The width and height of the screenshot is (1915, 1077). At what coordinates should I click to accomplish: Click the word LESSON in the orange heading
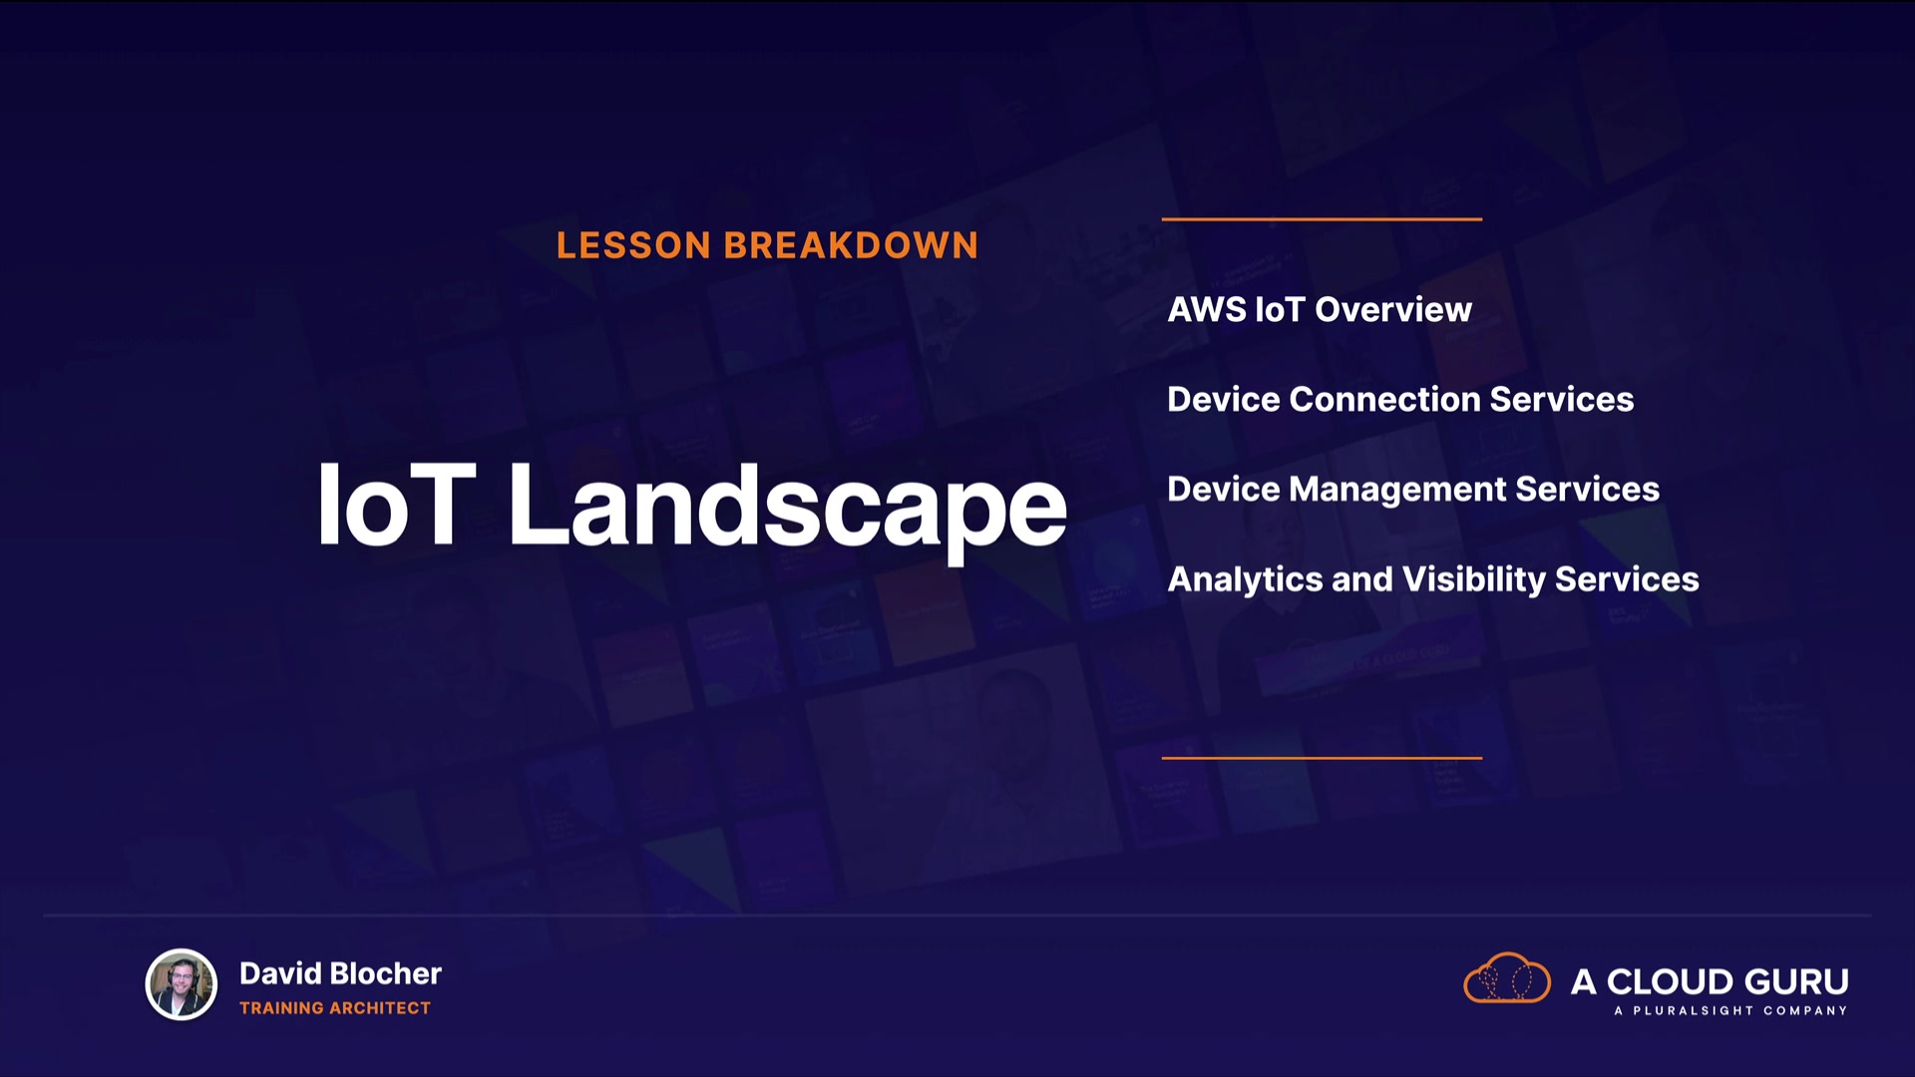pos(633,245)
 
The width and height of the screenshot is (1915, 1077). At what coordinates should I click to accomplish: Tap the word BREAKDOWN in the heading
pos(852,245)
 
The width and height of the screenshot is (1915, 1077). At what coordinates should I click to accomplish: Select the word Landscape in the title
pos(788,511)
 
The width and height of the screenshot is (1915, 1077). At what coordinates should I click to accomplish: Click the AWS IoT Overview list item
pos(1320,309)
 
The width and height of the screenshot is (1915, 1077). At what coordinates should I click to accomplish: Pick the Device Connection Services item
pos(1400,399)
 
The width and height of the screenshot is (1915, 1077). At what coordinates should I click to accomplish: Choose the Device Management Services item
pos(1413,489)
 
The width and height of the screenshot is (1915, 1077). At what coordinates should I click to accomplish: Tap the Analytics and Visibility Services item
pos(1433,579)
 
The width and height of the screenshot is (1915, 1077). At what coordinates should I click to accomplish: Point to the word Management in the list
pos(1398,490)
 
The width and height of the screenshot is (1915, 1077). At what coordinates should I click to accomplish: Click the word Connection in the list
pos(1385,399)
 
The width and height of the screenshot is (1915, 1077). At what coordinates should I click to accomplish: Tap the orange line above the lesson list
pos(1322,218)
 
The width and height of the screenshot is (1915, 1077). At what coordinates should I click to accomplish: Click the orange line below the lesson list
pos(1322,758)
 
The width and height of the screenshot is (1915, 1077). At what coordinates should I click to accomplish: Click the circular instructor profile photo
pos(182,984)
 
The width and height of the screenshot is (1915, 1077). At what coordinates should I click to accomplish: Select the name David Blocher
pos(340,973)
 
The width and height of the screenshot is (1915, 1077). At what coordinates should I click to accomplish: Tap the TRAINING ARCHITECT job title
pos(335,1008)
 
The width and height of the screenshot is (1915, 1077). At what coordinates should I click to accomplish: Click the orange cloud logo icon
pos(1507,978)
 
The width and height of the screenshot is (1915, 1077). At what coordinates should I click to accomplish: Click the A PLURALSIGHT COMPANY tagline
pos(1730,1011)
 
